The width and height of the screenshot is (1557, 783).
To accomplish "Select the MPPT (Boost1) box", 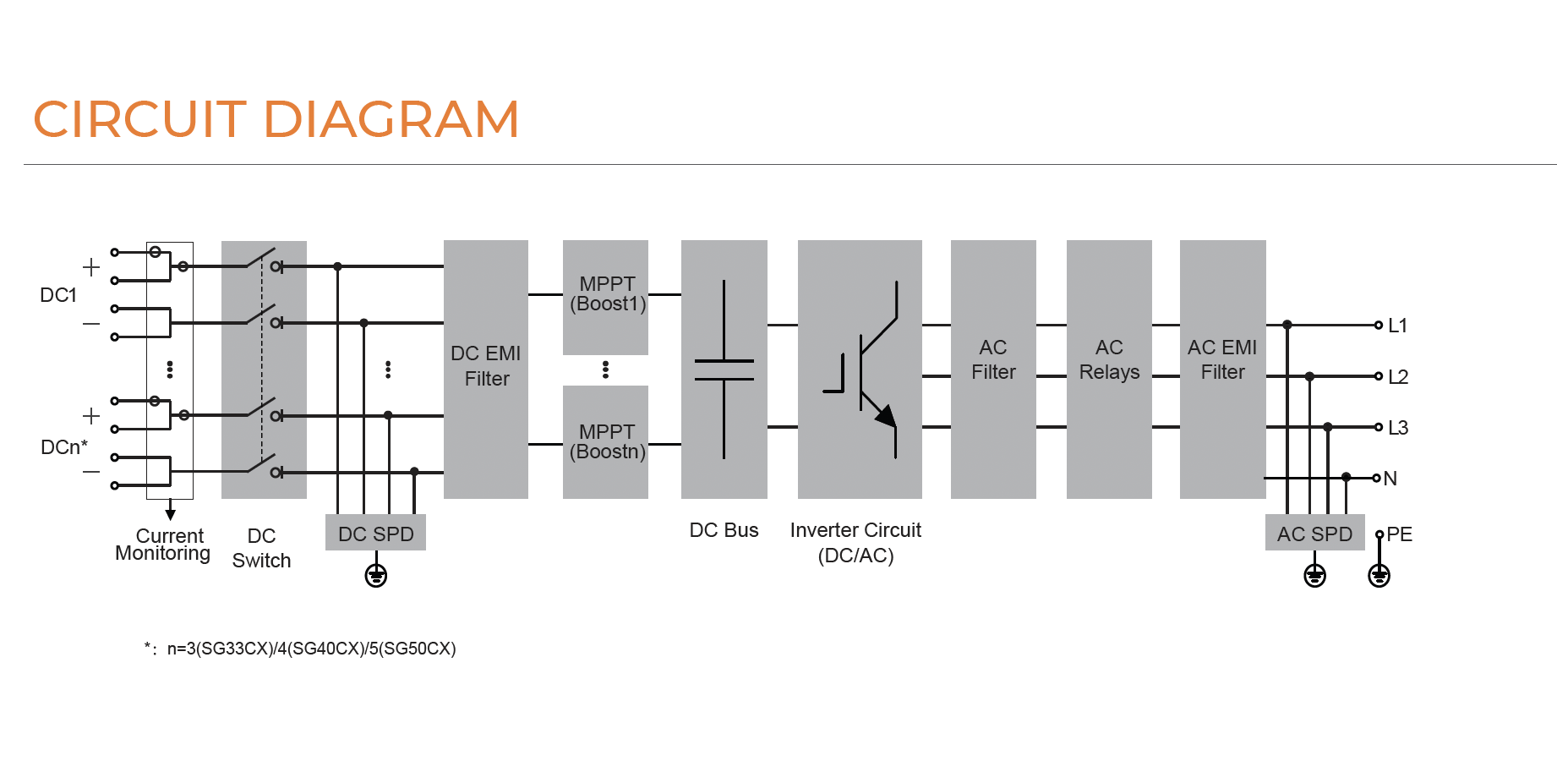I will pos(606,295).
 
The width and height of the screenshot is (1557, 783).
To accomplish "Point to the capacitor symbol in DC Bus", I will pos(724,370).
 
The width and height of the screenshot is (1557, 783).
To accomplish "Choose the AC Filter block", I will pos(993,369).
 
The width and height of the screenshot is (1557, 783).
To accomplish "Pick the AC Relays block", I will pos(1109,369).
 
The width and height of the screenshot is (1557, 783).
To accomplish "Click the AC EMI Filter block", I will pos(1222,369).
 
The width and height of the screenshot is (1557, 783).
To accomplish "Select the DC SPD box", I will pos(375,534).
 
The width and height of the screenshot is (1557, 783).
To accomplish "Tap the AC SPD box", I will pos(1314,534).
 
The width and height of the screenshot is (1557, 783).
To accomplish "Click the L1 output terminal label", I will pos(1397,326).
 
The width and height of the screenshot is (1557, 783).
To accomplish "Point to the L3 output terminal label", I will pos(1398,428).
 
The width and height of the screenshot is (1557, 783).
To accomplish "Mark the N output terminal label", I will pos(1390,479).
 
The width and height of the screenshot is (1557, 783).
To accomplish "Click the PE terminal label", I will pos(1400,534).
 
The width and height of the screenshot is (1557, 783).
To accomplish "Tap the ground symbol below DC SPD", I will pos(376,577).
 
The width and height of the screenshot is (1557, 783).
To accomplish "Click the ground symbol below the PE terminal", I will pos(1379,577).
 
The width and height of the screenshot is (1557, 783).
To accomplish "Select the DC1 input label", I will pos(58,295).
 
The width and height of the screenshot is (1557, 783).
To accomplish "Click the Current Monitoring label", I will pos(164,545).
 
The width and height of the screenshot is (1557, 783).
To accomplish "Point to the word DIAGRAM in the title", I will pos(391,119).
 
